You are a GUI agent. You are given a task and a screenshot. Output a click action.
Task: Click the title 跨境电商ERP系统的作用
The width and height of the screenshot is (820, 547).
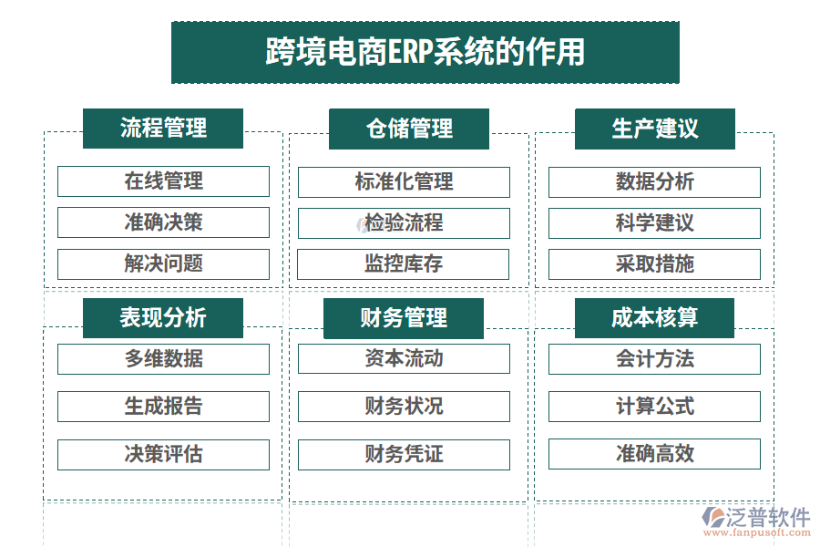point(425,52)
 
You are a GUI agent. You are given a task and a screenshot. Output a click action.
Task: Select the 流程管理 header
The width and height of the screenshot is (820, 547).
point(163,129)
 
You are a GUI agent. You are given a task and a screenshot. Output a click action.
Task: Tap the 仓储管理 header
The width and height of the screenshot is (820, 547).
point(409,129)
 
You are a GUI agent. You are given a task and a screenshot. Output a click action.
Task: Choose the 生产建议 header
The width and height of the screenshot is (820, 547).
point(654,129)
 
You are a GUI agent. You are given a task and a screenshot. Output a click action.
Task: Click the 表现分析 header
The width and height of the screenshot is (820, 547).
point(163,318)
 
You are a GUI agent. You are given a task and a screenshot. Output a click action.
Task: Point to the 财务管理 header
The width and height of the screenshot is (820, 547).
point(404,318)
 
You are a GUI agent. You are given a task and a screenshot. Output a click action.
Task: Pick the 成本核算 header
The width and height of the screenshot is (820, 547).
point(654,318)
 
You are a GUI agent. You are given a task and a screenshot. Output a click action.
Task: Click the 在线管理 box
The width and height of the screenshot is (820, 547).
point(163,181)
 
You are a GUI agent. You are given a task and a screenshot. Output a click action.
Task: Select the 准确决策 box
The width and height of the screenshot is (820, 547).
point(163,222)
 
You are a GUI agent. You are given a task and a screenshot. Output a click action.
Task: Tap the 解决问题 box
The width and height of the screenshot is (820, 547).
point(163,264)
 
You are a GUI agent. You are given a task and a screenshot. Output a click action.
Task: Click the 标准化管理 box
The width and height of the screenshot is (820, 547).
point(404,182)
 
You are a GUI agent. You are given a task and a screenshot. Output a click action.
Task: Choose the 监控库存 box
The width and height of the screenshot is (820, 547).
point(404,264)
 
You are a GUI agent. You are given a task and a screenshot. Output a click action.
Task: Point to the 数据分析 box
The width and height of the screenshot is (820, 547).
point(654,182)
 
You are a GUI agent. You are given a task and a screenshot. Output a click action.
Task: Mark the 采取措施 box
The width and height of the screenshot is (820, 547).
point(654,264)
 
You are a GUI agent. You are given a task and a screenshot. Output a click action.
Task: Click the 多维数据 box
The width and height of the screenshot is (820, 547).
point(163,359)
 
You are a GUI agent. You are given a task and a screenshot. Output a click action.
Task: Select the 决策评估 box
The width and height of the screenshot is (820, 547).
point(163,454)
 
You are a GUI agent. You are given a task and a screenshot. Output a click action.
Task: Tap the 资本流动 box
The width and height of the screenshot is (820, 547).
point(404,359)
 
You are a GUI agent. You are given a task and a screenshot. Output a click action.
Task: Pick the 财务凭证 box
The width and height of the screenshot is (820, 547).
point(404,454)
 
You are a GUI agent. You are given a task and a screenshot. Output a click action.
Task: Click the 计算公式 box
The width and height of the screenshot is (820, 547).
point(654,407)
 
